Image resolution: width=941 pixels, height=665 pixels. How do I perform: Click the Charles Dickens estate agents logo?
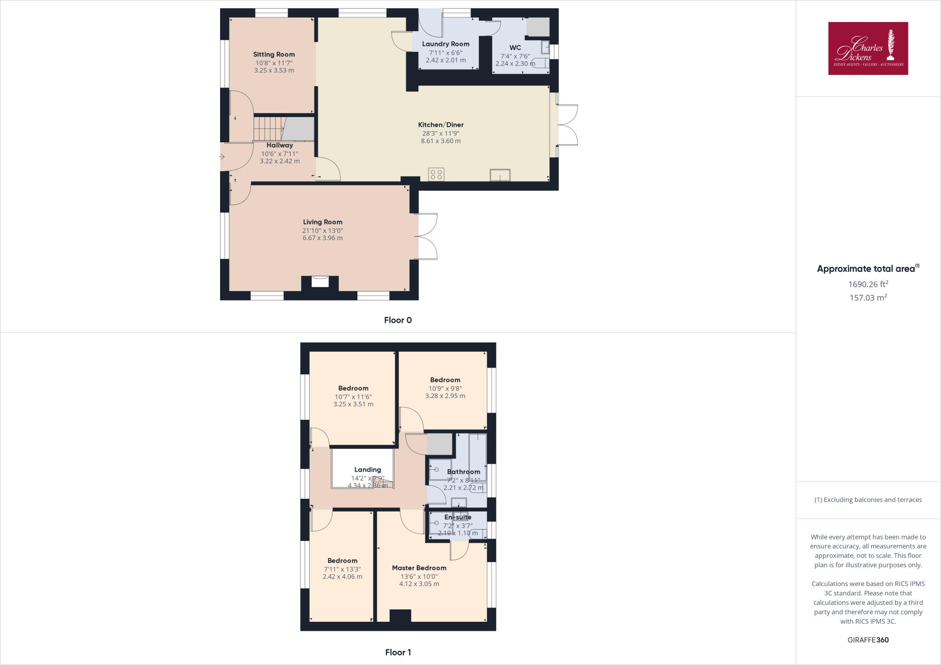pos(868,48)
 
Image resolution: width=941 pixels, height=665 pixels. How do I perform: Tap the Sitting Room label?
pos(274,54)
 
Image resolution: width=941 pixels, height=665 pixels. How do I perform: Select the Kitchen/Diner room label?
pos(441,124)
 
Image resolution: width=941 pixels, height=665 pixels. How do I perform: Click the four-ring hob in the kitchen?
pos(436,174)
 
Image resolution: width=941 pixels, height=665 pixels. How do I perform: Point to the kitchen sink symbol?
pos(500,175)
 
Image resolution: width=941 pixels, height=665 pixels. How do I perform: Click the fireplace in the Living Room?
pos(320,281)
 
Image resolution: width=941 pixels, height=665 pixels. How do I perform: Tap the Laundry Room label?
pos(446,44)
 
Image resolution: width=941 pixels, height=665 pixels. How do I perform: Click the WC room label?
pos(515,48)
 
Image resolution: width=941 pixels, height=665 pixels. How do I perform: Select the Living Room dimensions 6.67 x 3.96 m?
pos(323,238)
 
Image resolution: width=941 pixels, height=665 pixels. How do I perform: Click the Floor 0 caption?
pos(398,320)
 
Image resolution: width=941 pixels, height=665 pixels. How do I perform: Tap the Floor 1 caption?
pos(398,652)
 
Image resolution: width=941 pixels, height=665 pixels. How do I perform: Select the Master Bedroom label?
pos(419,568)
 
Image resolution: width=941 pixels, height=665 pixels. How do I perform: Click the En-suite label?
pos(458,517)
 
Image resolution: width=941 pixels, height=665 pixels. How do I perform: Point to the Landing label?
pos(368,469)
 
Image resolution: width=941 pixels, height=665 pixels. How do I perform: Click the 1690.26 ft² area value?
pos(868,284)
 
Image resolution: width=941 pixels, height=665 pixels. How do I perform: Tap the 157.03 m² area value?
pos(868,298)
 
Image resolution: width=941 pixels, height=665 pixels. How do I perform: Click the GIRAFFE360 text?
pos(868,640)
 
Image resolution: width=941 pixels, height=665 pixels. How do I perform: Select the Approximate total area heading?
pos(866,269)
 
